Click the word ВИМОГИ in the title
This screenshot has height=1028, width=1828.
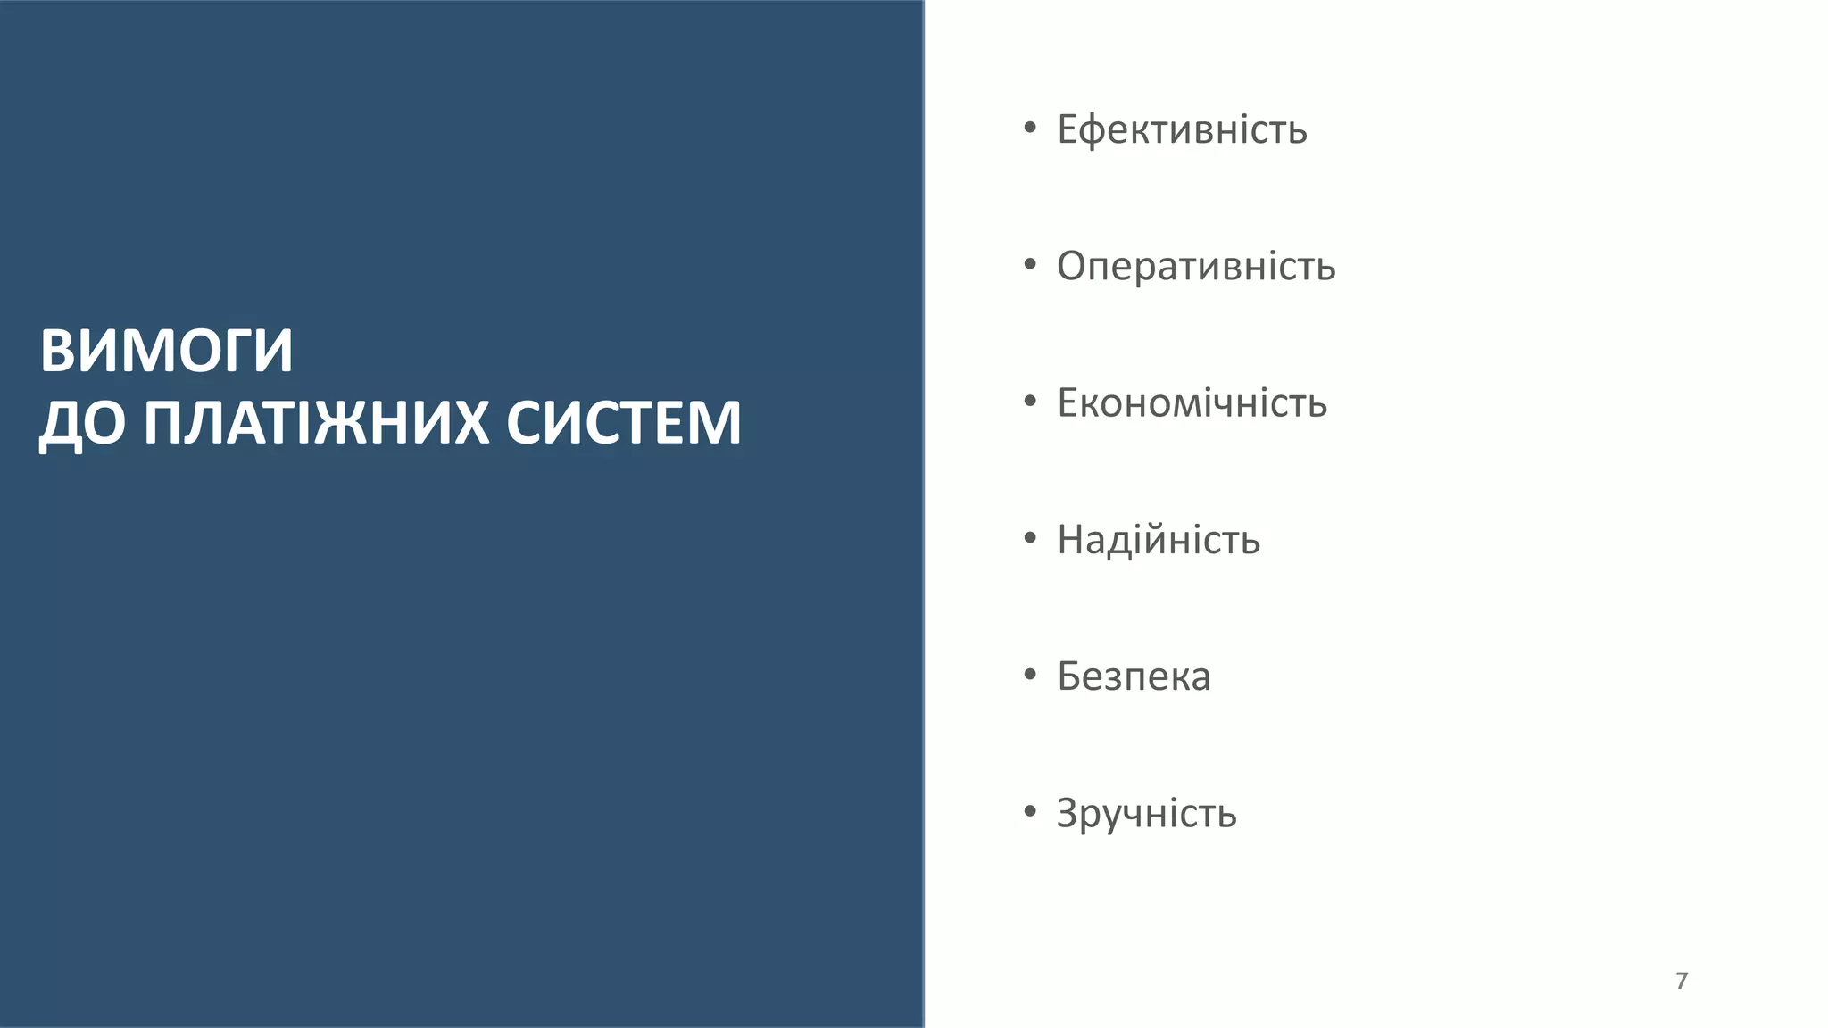click(167, 351)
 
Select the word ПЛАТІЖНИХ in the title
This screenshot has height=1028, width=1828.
click(316, 423)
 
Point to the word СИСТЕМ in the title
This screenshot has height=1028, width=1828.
click(623, 423)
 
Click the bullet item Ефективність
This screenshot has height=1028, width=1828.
click(1182, 130)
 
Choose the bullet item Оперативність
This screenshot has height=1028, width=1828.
click(1196, 267)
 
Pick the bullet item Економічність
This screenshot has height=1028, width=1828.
click(1192, 403)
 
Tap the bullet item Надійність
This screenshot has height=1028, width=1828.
click(1159, 540)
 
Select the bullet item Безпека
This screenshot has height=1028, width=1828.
click(1134, 676)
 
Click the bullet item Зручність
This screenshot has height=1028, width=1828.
click(1146, 813)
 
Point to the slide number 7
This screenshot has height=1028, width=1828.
click(1682, 981)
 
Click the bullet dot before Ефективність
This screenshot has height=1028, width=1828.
click(1030, 128)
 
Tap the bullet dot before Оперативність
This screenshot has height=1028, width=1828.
click(1030, 264)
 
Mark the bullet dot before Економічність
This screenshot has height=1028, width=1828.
click(1030, 401)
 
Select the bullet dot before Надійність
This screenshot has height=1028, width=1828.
click(1030, 538)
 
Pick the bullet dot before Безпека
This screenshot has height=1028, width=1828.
click(1030, 675)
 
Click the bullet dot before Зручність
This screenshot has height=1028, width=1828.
click(1030, 811)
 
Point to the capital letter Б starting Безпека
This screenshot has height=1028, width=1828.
click(1069, 676)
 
